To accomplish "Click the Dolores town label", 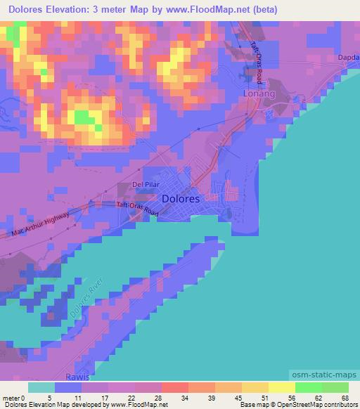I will coord(181,199).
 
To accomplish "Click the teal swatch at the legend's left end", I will coord(42,387).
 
